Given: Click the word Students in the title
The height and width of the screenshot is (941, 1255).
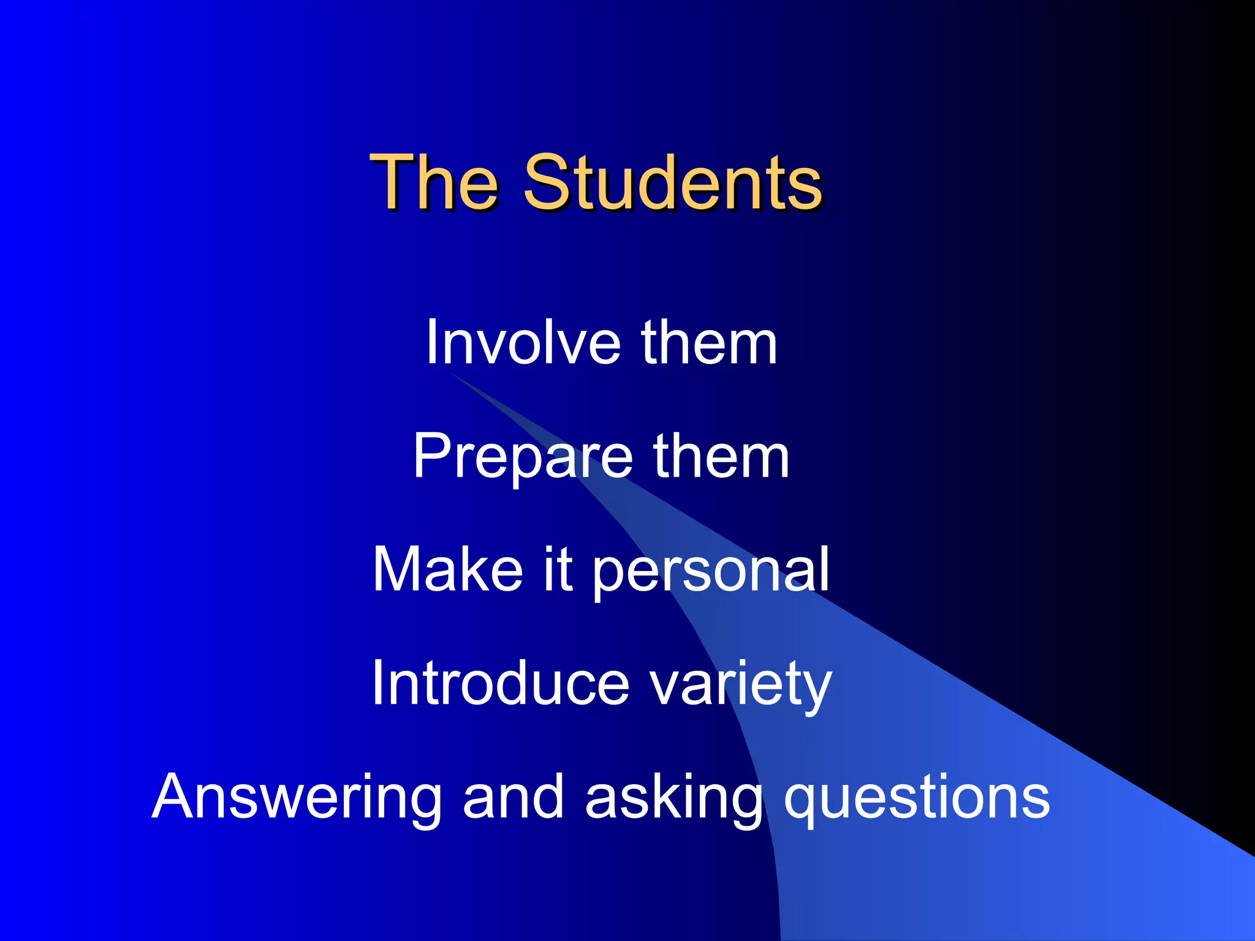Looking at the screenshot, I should [x=672, y=182].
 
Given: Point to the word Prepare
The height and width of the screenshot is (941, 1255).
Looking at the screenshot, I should [x=523, y=456].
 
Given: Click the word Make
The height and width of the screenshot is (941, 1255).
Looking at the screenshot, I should [x=447, y=570].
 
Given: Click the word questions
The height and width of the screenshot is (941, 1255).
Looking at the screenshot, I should [x=917, y=798].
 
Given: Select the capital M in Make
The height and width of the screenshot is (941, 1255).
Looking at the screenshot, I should [x=398, y=570].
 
